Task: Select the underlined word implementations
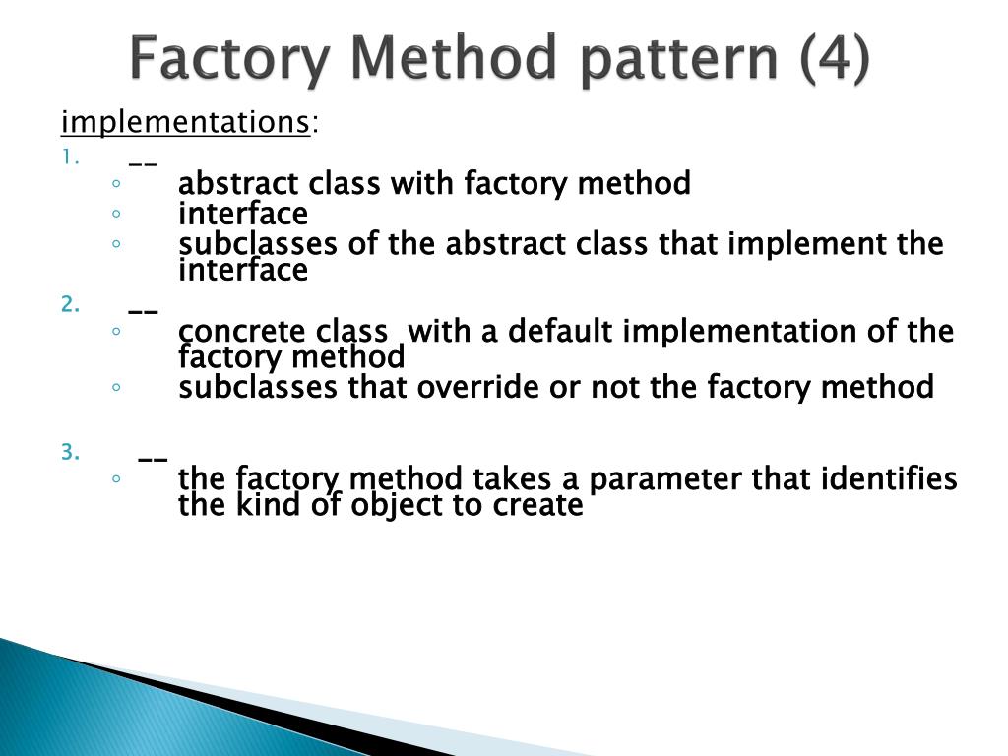(185, 123)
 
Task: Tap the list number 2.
(69, 304)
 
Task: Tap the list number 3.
(69, 452)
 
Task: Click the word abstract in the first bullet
(239, 183)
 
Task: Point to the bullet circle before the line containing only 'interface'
(116, 214)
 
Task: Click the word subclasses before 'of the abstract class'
(259, 244)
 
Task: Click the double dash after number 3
(152, 458)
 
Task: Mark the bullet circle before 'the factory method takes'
(116, 479)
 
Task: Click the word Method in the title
(440, 60)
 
